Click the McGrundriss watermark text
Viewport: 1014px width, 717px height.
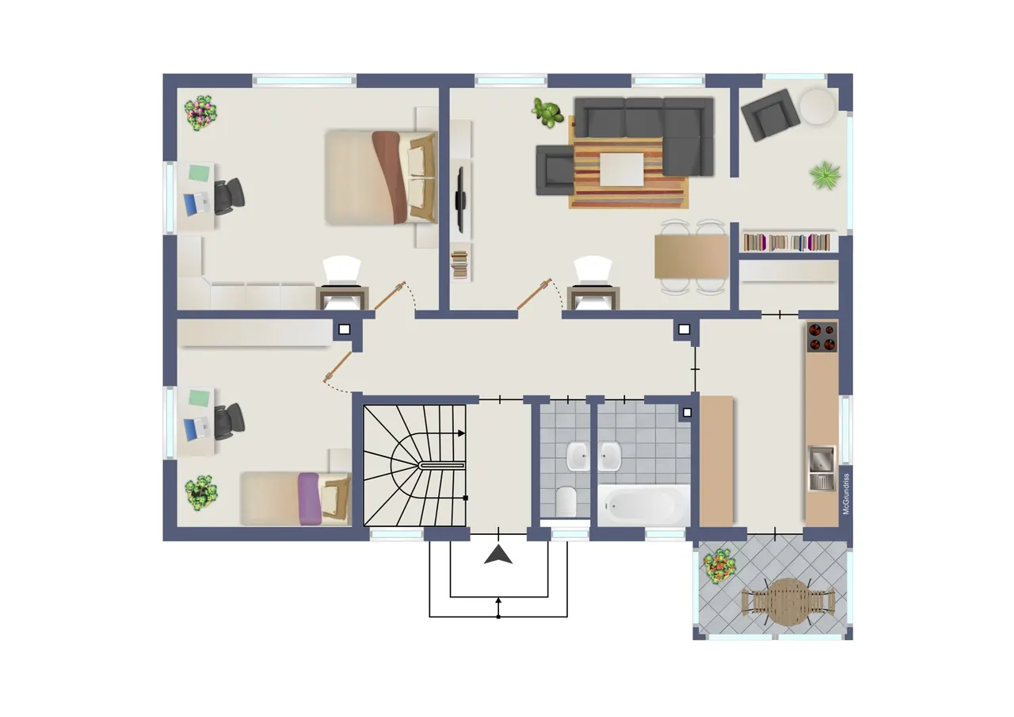(x=846, y=494)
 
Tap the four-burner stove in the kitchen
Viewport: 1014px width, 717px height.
(x=821, y=338)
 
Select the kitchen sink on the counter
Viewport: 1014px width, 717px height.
(x=821, y=468)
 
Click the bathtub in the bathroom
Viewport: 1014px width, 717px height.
(x=644, y=505)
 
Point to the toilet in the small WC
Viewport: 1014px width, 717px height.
(x=566, y=501)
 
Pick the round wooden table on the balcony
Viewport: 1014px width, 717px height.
(x=788, y=602)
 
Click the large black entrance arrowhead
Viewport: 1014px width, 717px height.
(x=498, y=555)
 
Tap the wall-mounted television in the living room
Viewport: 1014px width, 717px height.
(x=460, y=200)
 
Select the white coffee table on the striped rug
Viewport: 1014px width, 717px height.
(x=622, y=170)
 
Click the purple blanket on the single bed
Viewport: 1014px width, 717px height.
(x=310, y=499)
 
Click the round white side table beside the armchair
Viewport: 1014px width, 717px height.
(x=817, y=106)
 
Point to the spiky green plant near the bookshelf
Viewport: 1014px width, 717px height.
(x=825, y=175)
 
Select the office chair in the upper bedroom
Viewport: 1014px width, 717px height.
(x=229, y=196)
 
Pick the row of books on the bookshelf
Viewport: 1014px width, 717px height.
(x=787, y=242)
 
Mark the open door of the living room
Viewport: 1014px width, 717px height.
(x=534, y=294)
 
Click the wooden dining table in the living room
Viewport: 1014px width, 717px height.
(x=691, y=256)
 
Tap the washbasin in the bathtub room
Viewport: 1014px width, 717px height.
(x=609, y=456)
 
